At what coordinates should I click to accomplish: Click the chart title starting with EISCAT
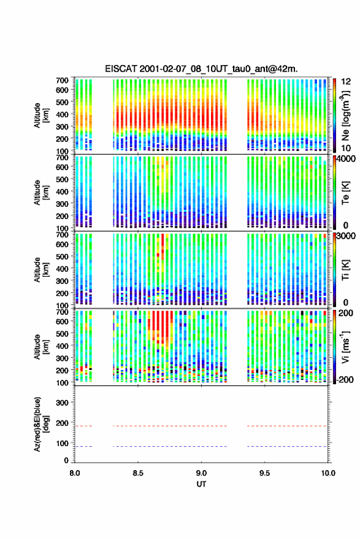201,69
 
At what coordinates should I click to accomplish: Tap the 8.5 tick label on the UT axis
138,473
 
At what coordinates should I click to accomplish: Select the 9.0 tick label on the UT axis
201,473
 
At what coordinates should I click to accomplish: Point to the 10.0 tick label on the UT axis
328,473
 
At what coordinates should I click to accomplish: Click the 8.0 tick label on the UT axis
75,473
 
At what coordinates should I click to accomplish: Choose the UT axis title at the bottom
201,484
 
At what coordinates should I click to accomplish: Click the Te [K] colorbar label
345,193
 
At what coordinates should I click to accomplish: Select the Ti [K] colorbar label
345,270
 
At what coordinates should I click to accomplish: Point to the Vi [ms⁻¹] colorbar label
345,347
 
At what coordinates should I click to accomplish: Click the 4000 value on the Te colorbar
347,159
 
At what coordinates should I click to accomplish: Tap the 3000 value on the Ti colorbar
347,236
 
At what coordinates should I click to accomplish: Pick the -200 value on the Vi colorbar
345,379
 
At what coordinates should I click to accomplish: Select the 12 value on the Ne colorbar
346,82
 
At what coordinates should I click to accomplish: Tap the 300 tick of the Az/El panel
63,403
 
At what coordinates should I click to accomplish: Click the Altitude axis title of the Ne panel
41,115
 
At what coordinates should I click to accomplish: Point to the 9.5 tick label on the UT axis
265,473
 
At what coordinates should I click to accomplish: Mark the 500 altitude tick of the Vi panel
63,333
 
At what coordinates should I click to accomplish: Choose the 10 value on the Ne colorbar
346,148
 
